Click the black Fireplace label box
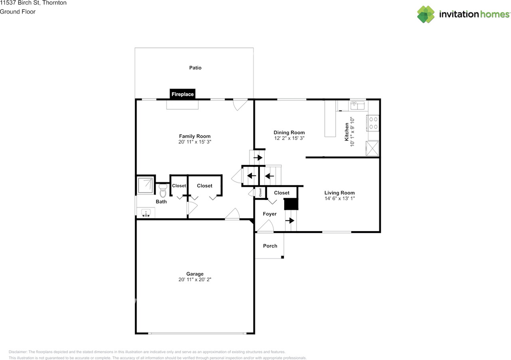(x=182, y=94)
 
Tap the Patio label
(x=195, y=68)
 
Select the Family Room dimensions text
(x=195, y=142)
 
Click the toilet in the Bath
(x=162, y=191)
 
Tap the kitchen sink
(x=357, y=105)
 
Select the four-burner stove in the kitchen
(x=373, y=123)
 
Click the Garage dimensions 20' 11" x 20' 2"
(x=195, y=280)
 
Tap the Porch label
(x=270, y=246)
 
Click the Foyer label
(x=269, y=214)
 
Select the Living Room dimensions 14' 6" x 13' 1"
(x=339, y=198)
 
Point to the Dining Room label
(x=289, y=133)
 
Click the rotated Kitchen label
(x=347, y=132)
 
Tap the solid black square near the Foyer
(x=291, y=204)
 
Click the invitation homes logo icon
(x=426, y=14)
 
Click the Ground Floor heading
(x=18, y=12)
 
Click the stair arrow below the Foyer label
(x=290, y=220)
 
